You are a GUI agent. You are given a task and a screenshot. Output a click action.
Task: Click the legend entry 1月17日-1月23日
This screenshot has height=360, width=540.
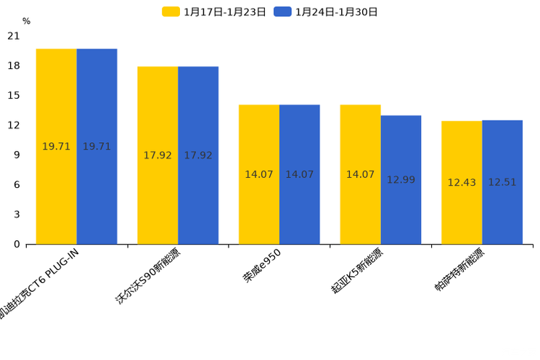216,12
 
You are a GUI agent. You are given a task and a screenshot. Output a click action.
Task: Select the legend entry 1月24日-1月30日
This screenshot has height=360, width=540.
327,12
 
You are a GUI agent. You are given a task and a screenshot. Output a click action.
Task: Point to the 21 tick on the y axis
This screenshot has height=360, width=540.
14,36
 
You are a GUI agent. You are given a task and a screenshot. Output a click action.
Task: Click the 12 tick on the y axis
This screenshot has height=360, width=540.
14,125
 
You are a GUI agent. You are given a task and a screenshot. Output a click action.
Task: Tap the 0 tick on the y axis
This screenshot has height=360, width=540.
17,244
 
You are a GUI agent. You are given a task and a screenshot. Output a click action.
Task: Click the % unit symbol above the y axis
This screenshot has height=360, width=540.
26,22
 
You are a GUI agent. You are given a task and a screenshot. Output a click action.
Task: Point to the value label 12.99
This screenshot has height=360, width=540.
401,180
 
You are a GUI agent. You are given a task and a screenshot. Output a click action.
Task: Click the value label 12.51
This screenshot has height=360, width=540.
502,182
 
